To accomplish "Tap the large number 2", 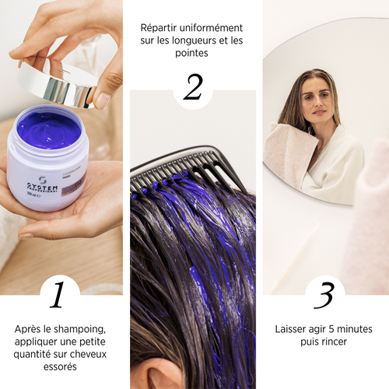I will (193, 88).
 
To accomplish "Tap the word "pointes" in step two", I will (192, 53).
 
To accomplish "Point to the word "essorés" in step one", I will (60, 367).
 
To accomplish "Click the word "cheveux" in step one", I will (84, 354).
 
